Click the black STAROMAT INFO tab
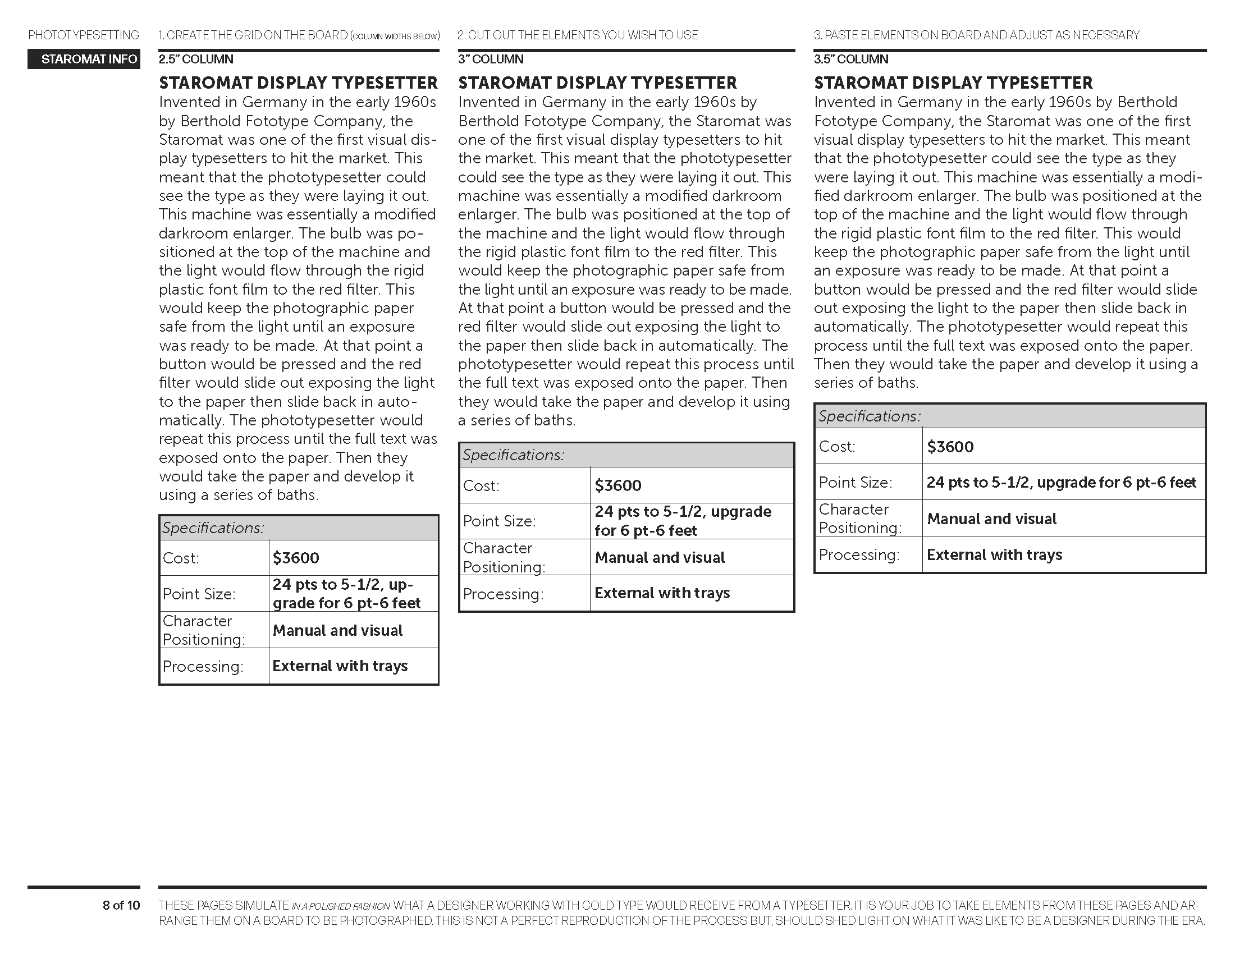(84, 59)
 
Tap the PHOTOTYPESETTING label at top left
(84, 35)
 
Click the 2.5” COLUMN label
(196, 59)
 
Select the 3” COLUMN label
(491, 59)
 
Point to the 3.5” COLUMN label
(851, 59)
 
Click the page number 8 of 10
(121, 905)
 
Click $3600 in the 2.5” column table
(296, 558)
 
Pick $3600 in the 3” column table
(618, 485)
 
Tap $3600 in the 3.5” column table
(950, 447)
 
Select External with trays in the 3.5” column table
(994, 555)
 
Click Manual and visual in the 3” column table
(660, 558)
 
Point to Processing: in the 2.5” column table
(203, 667)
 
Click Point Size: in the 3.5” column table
(855, 483)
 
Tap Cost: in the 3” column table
(481, 486)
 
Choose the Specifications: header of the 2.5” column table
(213, 528)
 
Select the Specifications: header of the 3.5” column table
(870, 416)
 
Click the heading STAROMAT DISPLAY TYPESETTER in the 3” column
(597, 83)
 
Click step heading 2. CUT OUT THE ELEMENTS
(577, 35)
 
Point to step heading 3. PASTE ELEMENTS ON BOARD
(976, 35)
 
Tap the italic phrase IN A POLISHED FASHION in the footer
(340, 906)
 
